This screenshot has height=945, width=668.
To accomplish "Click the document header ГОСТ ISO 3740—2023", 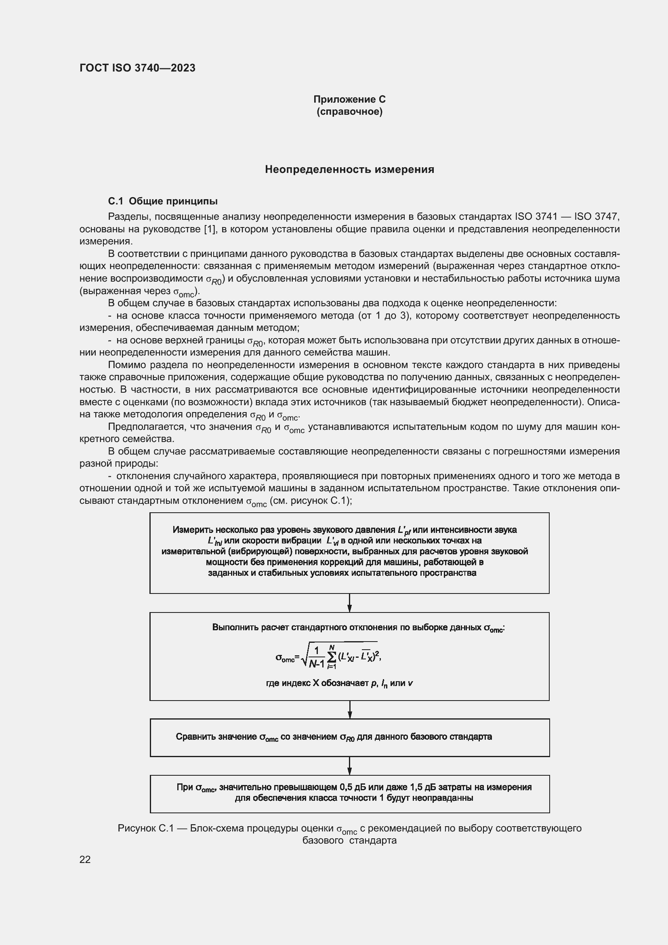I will pos(137,68).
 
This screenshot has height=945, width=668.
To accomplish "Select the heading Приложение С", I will pos(349,99).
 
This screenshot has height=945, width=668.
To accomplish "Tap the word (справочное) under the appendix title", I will pos(349,112).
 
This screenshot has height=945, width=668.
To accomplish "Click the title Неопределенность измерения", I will pos(349,169).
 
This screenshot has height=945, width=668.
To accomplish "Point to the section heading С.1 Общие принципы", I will pos(162,201).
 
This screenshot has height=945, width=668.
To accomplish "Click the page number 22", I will pos(85,859).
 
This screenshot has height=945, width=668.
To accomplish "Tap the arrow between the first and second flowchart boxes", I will pos(349,603).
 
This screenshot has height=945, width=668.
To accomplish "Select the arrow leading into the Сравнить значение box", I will pos(349,709).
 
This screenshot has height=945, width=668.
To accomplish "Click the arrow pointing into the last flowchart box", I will pos(349,766).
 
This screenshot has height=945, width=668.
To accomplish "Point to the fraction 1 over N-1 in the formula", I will pos(317,658).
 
